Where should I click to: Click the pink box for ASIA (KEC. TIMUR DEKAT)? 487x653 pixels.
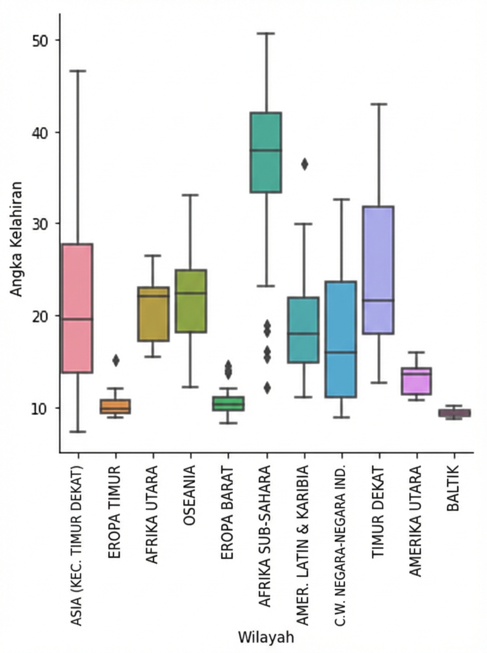pos(77,307)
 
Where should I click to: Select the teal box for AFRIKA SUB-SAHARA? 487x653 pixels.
pos(265,152)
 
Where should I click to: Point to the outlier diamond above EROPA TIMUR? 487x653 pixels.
pos(115,360)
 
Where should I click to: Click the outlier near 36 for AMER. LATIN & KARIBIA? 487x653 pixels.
pos(304,164)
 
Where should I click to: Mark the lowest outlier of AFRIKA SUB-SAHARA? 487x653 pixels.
pos(266,387)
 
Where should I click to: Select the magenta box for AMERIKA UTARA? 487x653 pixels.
pos(416,381)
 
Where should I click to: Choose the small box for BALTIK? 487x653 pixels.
pos(454,413)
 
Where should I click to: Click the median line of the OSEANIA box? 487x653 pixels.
pos(190,293)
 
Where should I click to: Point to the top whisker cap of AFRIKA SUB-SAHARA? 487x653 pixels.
pos(266,33)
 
